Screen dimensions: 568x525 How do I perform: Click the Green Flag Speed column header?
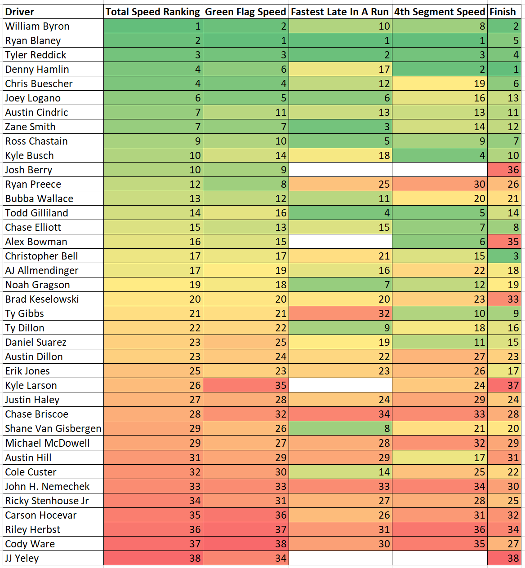(245, 12)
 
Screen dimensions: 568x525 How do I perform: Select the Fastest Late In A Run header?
(340, 12)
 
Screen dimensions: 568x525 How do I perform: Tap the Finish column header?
(503, 12)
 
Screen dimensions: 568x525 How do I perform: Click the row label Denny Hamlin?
(37, 69)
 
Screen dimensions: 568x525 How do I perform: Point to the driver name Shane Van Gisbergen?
(53, 428)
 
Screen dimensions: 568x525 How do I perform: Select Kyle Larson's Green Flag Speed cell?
(245, 385)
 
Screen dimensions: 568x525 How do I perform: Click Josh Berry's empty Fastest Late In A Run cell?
(340, 170)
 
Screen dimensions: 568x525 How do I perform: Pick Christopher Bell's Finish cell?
(504, 256)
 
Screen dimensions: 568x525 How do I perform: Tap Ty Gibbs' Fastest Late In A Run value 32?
(340, 313)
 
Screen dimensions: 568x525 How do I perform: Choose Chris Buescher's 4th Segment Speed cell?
(440, 84)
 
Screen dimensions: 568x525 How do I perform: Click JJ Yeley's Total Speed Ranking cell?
(153, 558)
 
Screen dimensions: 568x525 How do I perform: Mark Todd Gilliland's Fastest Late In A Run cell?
(340, 213)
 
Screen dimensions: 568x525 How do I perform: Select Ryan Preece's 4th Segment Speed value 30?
(440, 184)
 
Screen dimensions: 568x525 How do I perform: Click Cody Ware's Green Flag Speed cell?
(245, 544)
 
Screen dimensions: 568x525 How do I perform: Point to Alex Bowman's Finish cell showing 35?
(504, 242)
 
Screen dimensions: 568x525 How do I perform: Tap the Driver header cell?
(53, 12)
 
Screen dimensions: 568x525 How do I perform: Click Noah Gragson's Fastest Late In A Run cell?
(340, 285)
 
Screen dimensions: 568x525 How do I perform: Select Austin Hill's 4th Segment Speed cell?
(440, 458)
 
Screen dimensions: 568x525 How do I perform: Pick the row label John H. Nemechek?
(47, 486)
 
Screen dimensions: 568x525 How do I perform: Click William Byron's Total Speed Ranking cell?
(153, 26)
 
